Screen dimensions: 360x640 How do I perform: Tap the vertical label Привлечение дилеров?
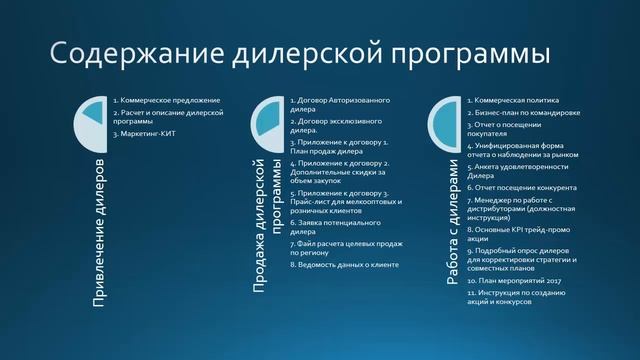tap(98, 231)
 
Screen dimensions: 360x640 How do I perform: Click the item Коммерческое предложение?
tap(166, 100)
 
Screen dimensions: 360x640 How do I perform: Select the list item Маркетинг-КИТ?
tap(151, 134)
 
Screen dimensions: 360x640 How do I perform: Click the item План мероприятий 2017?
tap(514, 281)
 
